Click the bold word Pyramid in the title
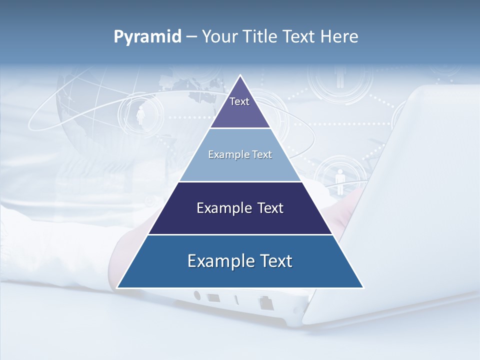pos(147,37)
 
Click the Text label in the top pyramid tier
pos(239,101)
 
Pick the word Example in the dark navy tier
pos(223,208)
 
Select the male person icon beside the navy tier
pos(340,181)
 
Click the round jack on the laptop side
pos(197,295)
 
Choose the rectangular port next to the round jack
pos(214,298)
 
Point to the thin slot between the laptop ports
pos(236,300)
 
